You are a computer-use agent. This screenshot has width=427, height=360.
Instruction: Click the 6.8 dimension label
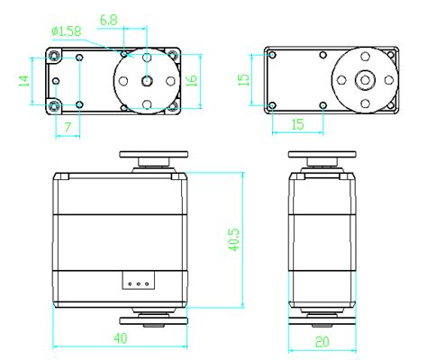108,21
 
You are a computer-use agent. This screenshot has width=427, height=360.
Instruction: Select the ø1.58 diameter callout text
67,31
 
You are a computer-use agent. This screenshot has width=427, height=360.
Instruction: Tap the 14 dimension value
24,81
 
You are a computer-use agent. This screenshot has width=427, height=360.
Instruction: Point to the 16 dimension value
191,80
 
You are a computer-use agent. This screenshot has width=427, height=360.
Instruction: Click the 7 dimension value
68,128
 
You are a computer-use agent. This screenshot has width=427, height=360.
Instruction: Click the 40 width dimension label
121,338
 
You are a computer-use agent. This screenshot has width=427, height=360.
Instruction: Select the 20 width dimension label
323,342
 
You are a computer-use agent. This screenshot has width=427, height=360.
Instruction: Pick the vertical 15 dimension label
243,80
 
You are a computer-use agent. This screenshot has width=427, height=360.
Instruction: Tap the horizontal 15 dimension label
297,124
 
